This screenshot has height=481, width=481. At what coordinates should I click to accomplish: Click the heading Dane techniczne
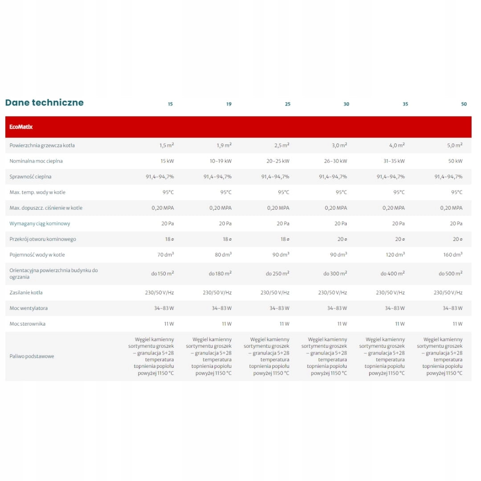pos(44,102)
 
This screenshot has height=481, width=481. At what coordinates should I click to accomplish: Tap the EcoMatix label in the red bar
pos(21,127)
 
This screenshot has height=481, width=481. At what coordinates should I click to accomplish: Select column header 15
pos(170,104)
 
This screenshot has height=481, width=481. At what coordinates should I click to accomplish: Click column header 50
pos(464,104)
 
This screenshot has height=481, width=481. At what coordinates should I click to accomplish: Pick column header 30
pos(346,104)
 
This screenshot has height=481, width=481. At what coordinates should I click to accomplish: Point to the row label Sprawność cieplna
pos(30,177)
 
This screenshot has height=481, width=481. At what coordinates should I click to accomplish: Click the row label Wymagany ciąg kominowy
pos(40,224)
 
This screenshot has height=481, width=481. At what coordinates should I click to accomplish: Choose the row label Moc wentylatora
pos(29,308)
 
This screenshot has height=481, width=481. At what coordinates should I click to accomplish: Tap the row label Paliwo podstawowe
pos(32,356)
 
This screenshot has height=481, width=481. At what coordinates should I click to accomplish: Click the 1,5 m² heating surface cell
pos(167,145)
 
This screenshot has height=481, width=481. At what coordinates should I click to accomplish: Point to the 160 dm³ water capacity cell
pos(452,255)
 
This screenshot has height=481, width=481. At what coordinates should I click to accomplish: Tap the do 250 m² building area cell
pos(277,273)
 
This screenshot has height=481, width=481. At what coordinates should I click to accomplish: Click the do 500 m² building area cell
pos(451,273)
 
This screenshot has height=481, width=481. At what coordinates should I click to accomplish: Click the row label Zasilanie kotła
pos(26,293)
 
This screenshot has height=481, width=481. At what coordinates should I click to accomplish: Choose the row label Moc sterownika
pos(27,324)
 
